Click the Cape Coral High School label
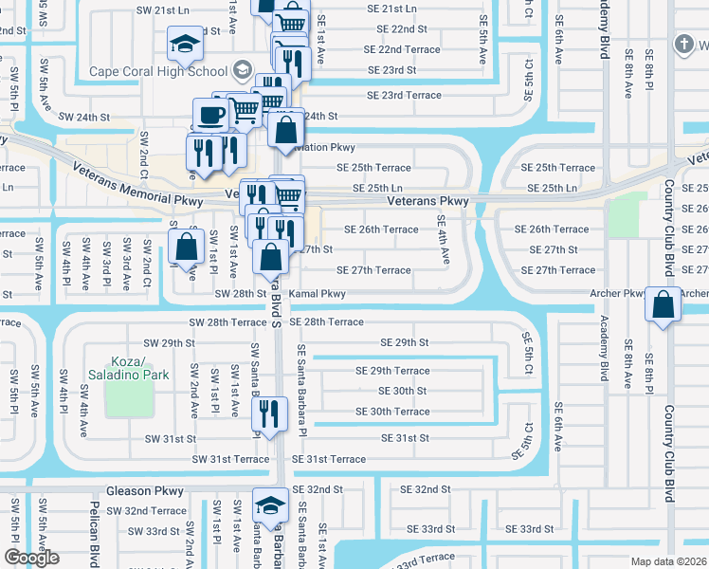tap(158, 71)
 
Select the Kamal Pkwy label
tap(318, 294)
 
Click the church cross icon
tap(683, 44)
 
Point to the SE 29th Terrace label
tap(392, 371)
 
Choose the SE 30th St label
tap(403, 391)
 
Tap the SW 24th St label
tap(84, 118)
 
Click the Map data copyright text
tap(668, 561)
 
